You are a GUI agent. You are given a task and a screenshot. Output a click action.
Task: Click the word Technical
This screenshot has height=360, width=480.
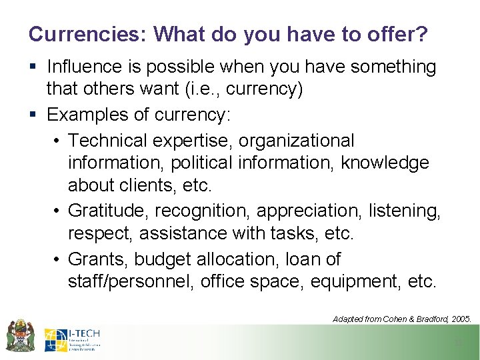107,141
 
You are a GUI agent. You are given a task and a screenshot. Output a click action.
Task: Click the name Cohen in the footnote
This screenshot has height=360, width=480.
395,319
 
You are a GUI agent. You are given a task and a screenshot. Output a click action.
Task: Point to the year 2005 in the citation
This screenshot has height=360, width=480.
460,319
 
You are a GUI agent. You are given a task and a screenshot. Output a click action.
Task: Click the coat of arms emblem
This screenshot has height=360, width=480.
20,335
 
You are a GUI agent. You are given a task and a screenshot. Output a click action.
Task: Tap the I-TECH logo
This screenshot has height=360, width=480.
72,339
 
